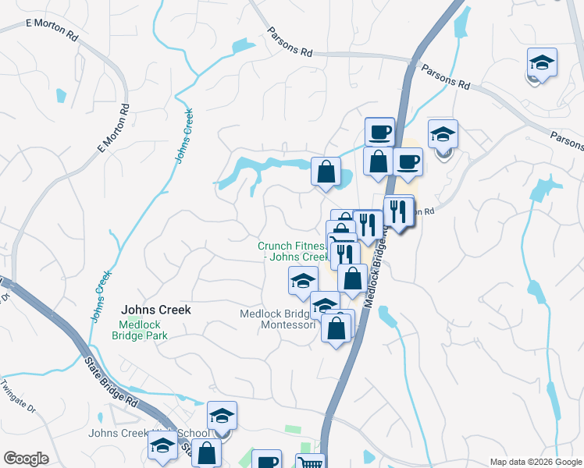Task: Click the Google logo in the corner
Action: [x=26, y=459]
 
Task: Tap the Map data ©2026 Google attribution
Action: [x=535, y=462]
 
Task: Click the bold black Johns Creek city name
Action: [x=155, y=310]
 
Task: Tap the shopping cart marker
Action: [x=310, y=463]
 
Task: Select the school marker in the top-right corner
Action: [x=542, y=62]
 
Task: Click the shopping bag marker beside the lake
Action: [x=326, y=172]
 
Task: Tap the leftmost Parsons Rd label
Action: [x=289, y=41]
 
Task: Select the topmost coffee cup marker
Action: [x=379, y=131]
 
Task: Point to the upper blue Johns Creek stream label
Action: [x=185, y=134]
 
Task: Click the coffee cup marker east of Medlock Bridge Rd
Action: [x=408, y=161]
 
